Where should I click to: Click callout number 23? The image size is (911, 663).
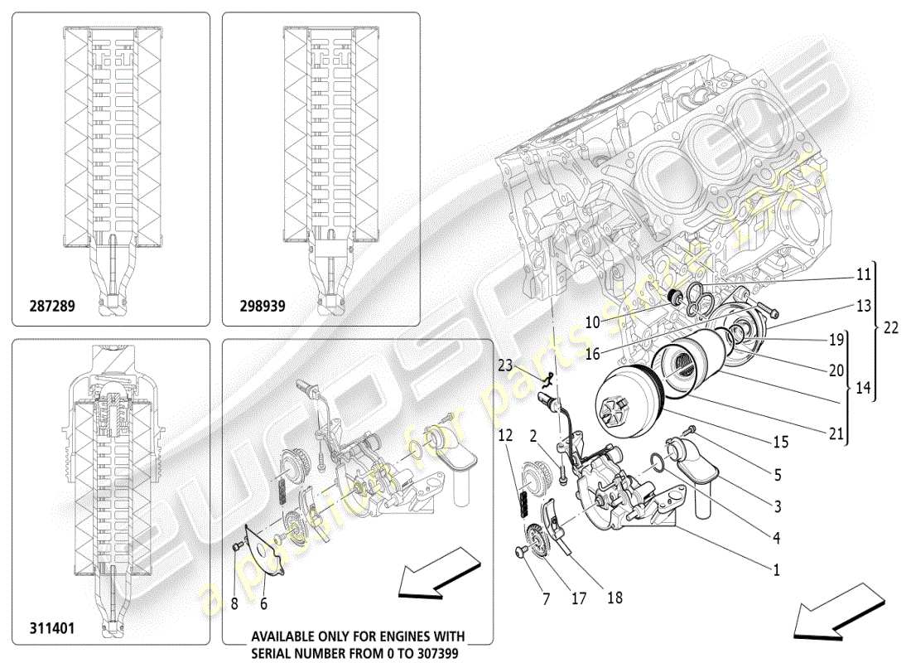(x=505, y=363)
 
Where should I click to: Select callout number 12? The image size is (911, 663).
(x=506, y=435)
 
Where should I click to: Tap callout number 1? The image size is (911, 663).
(x=776, y=570)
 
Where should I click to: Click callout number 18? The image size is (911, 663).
(x=615, y=597)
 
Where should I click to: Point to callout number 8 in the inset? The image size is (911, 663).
(x=234, y=605)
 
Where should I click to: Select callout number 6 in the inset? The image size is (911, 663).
(x=263, y=605)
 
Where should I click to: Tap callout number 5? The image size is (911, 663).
(x=776, y=477)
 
